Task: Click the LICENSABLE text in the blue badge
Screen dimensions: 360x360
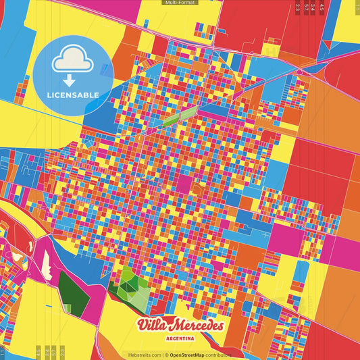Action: pyautogui.click(x=74, y=95)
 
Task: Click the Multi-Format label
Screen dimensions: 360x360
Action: pyautogui.click(x=180, y=3)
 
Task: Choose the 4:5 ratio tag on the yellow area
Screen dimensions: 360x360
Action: pyautogui.click(x=38, y=352)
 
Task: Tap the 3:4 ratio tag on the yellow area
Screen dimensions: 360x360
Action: pyautogui.click(x=47, y=352)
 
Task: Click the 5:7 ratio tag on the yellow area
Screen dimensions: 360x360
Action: pyautogui.click(x=54, y=352)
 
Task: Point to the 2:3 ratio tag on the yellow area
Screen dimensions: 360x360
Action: pyautogui.click(x=62, y=352)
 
